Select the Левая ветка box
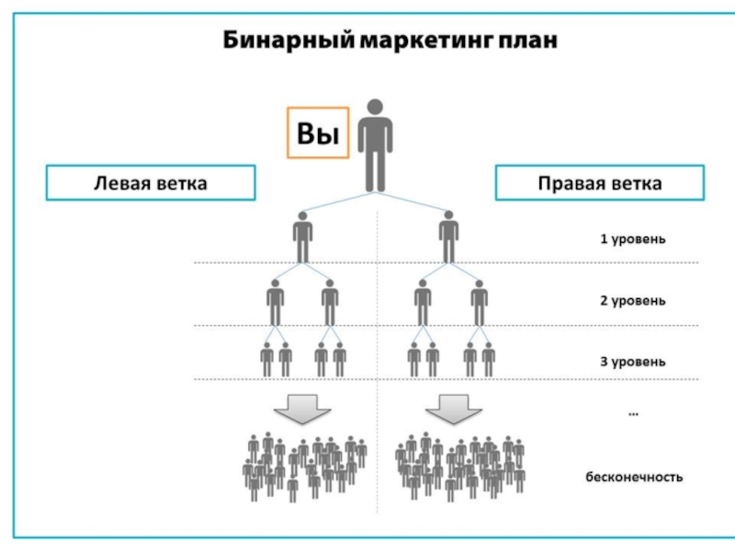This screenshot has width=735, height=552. click(x=151, y=182)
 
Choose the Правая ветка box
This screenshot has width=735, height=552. click(x=599, y=182)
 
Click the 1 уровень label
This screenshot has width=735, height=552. click(x=633, y=239)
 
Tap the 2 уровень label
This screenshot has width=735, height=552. click(x=633, y=301)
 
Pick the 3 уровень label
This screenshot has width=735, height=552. click(x=633, y=362)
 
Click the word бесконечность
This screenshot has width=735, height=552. click(x=634, y=477)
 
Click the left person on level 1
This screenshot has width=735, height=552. click(x=303, y=237)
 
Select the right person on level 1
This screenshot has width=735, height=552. click(x=447, y=237)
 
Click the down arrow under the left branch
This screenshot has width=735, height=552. click(x=303, y=408)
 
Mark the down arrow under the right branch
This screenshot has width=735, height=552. click(x=450, y=408)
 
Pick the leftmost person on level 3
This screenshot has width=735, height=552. click(x=266, y=359)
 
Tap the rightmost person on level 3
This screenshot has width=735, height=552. click(x=489, y=359)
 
